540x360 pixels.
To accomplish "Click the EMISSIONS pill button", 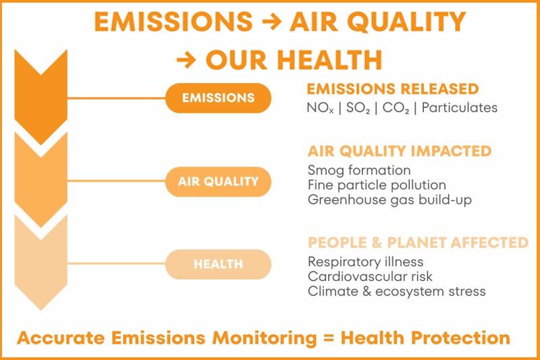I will [x=218, y=98].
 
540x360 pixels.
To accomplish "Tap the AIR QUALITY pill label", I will [x=218, y=182].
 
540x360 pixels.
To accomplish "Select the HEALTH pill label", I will [x=218, y=264].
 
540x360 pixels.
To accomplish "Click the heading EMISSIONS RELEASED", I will [x=392, y=89].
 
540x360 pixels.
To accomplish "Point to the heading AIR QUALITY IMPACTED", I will [x=400, y=151].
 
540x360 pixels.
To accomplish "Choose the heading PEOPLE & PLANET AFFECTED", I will [x=418, y=242].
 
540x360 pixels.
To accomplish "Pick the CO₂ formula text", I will [x=396, y=108].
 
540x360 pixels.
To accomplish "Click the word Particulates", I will [x=458, y=107].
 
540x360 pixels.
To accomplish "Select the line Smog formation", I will [x=359, y=170].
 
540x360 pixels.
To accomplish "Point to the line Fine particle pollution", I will [x=377, y=185].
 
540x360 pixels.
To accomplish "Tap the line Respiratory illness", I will [x=366, y=262].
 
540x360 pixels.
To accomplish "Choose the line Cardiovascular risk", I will [x=370, y=277].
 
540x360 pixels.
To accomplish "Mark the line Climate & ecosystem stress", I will [x=397, y=292].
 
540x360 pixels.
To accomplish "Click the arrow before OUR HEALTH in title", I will [x=186, y=60].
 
